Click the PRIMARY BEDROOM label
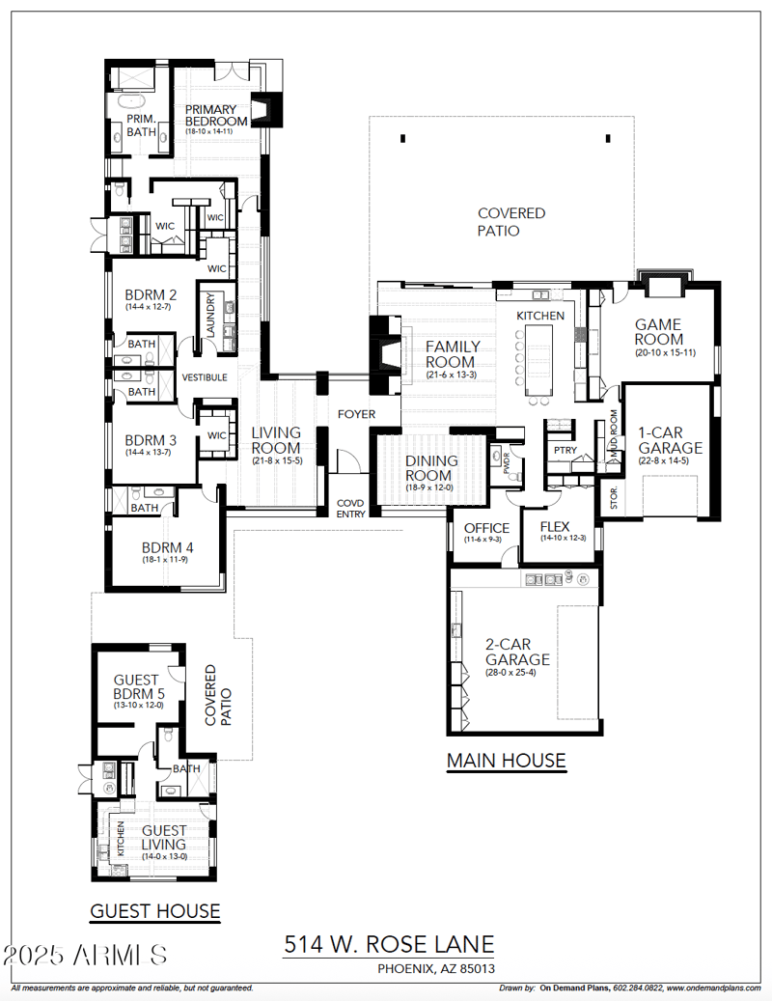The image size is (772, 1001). (x=216, y=115)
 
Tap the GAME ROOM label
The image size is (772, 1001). (x=659, y=332)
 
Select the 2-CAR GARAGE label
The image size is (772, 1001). (x=517, y=652)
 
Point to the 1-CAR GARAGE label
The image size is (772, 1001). (x=670, y=440)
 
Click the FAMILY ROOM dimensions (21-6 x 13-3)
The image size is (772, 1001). (x=451, y=375)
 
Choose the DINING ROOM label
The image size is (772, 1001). (x=430, y=468)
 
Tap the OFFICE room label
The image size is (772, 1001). (x=486, y=528)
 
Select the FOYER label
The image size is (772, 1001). (x=355, y=414)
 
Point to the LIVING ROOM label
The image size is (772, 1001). (x=276, y=440)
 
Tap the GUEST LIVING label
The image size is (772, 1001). (x=164, y=837)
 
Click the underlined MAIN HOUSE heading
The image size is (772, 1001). (x=506, y=761)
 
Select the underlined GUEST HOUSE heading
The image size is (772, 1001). (x=154, y=910)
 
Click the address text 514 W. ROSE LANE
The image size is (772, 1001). (x=389, y=944)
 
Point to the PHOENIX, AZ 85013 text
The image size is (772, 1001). (x=437, y=968)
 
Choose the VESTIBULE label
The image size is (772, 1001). (x=205, y=377)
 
